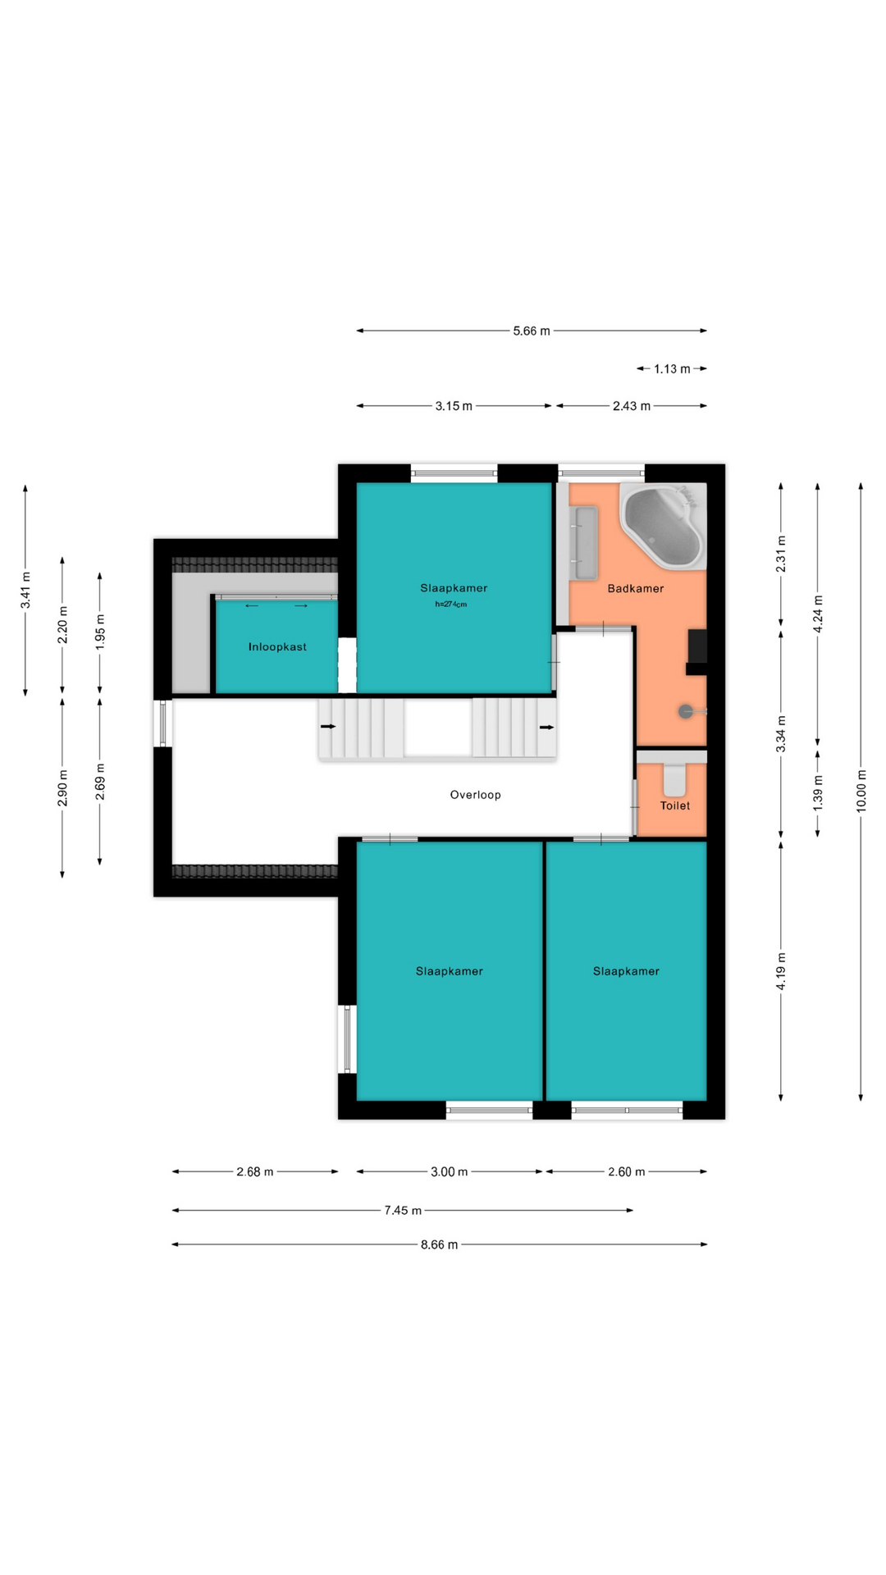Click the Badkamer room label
(x=636, y=589)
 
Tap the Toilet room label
(x=675, y=806)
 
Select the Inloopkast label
(x=277, y=647)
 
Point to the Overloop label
(x=475, y=795)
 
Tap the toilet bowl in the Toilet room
(x=674, y=780)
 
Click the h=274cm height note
(x=450, y=605)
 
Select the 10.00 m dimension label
(x=861, y=792)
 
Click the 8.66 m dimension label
(x=439, y=1244)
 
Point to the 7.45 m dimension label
(x=403, y=1210)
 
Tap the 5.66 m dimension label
(x=532, y=331)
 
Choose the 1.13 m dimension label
(x=672, y=369)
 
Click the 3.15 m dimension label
(x=454, y=406)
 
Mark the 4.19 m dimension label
(x=781, y=971)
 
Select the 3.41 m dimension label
(x=25, y=590)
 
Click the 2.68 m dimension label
(x=255, y=1171)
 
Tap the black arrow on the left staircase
(x=328, y=726)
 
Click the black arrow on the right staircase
(x=546, y=727)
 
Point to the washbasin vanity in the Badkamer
(x=586, y=543)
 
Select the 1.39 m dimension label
(x=818, y=793)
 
